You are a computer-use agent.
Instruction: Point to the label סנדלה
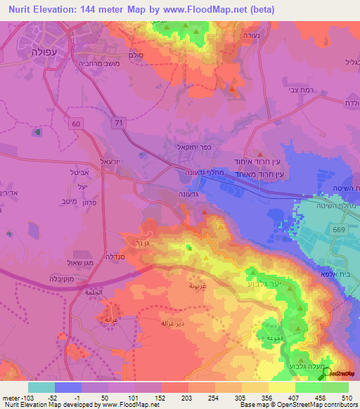pos(114,256)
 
